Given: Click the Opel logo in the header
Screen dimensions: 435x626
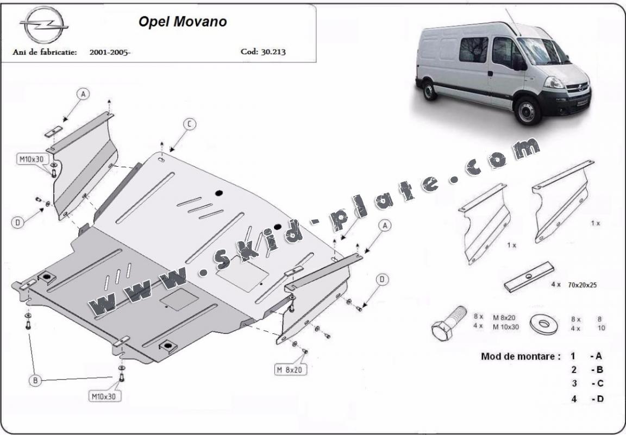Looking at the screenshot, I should pyautogui.click(x=43, y=25).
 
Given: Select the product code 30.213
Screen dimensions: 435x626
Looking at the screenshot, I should pyautogui.click(x=263, y=53).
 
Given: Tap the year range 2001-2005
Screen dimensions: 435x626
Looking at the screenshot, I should pyautogui.click(x=110, y=53).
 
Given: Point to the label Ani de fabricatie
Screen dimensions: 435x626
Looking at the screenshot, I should pyautogui.click(x=45, y=53).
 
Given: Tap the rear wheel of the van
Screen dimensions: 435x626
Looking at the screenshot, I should pyautogui.click(x=429, y=89).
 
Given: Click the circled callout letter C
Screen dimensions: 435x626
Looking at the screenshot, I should pyautogui.click(x=189, y=125).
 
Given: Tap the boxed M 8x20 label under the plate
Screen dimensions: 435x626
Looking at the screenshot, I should pyautogui.click(x=290, y=369).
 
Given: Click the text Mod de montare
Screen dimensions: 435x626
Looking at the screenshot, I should pyautogui.click(x=520, y=357).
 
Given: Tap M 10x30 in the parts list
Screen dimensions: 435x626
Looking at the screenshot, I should pyautogui.click(x=506, y=327).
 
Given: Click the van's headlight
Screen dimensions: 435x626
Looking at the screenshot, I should pyautogui.click(x=554, y=82).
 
